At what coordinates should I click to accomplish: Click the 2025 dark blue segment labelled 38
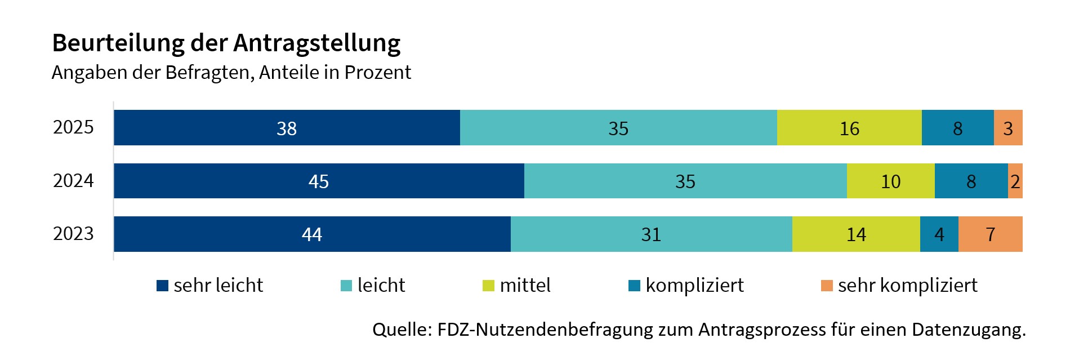pos(287,128)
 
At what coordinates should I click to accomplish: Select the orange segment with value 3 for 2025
pos(1008,128)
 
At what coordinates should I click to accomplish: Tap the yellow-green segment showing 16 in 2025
pos(849,128)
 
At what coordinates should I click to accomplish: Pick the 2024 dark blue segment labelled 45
pos(319,181)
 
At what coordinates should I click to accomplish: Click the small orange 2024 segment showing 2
pos(1015,181)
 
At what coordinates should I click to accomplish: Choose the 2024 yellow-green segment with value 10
pos(890,181)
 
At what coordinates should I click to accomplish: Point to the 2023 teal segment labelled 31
pos(651,234)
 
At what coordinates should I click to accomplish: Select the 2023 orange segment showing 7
pos(990,234)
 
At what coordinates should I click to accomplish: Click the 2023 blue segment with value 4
pos(939,234)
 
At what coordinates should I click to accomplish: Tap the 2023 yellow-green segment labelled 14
pos(856,234)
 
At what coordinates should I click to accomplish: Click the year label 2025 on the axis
pos(73,127)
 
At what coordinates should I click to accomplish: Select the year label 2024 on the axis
pos(73,180)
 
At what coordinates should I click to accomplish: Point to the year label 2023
pos(73,233)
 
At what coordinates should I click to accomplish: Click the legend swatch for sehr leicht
pos(162,286)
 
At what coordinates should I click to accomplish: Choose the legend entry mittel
pos(525,285)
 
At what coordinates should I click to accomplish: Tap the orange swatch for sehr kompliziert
pos(827,286)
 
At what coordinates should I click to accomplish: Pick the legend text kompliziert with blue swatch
pos(694,285)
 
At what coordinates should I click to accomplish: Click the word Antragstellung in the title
pos(317,43)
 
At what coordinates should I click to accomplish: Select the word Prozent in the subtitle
pos(378,73)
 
